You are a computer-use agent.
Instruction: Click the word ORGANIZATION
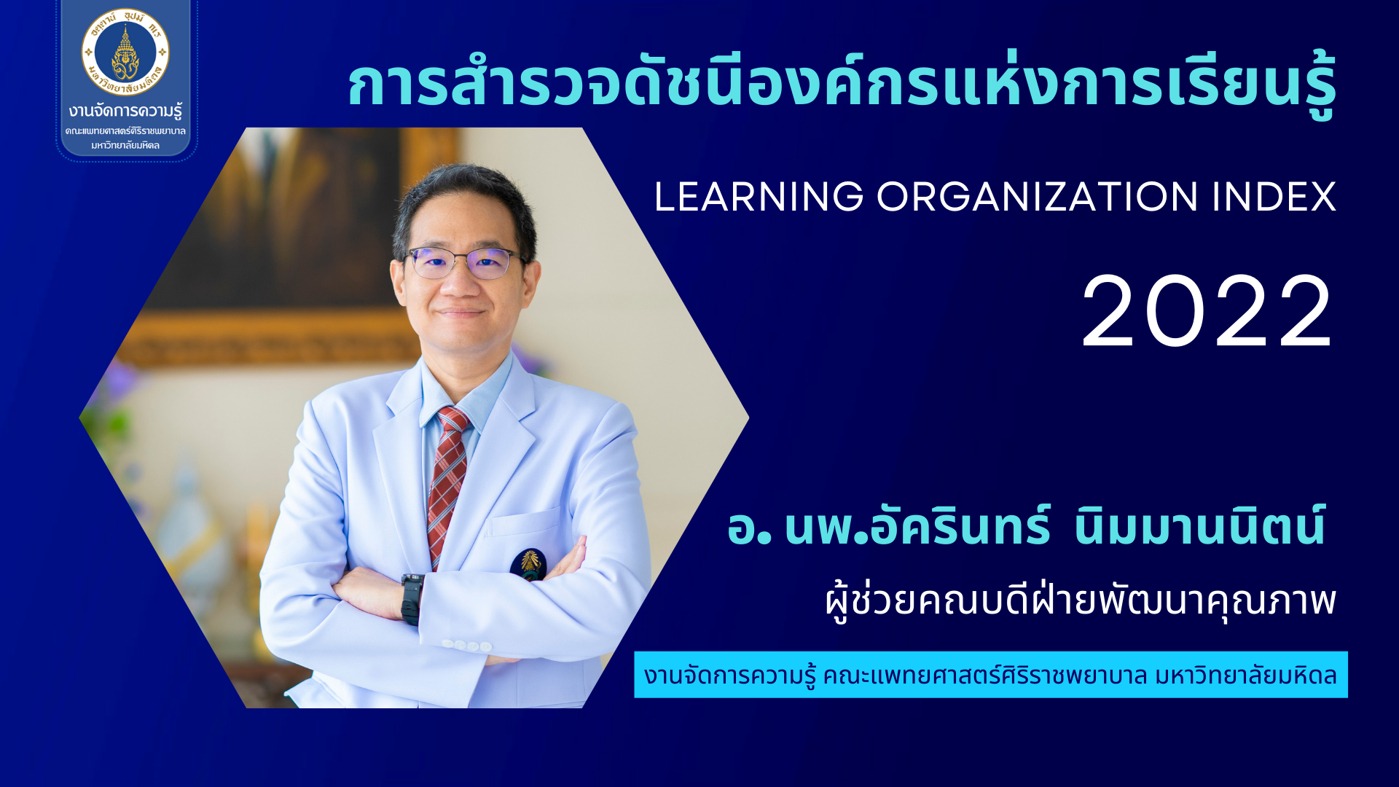(x=1037, y=197)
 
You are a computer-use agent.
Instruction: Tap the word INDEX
(x=1274, y=197)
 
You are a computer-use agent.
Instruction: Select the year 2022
(x=1207, y=312)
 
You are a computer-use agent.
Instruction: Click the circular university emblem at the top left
(x=125, y=52)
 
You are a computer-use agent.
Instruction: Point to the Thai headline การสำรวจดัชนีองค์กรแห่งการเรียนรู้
(x=842, y=84)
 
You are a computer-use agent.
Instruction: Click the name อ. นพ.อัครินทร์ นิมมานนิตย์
(x=1026, y=525)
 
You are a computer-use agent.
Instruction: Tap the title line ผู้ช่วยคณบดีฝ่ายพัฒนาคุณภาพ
(x=1081, y=601)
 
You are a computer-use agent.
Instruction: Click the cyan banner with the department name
(x=990, y=675)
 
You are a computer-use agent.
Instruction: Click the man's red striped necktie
(x=447, y=485)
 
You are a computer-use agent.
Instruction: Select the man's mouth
(x=459, y=313)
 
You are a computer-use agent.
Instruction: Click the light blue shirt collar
(x=466, y=390)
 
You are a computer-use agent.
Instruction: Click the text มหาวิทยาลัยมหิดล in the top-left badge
(x=125, y=145)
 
